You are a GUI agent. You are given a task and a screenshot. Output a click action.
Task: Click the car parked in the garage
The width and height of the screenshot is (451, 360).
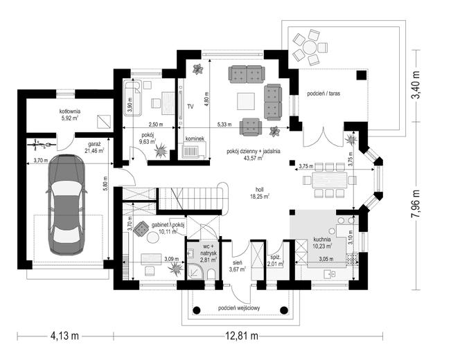pyautogui.click(x=67, y=205)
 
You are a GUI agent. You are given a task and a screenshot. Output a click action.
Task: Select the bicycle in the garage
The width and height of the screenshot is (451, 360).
pyautogui.click(x=41, y=145)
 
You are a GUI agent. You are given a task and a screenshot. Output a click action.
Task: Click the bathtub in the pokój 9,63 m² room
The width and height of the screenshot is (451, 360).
pyautogui.click(x=132, y=98)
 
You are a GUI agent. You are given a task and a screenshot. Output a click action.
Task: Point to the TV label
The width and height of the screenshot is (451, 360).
pyautogui.click(x=190, y=107)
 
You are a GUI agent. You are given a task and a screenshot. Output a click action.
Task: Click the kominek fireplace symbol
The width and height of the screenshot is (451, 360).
pyautogui.click(x=193, y=150)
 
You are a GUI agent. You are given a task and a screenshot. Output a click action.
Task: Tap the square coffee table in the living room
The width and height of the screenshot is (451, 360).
pyautogui.click(x=246, y=102)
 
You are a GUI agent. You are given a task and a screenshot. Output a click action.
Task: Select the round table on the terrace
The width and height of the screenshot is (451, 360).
pyautogui.click(x=310, y=47)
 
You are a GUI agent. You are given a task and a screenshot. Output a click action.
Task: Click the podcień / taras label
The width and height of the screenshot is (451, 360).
pyautogui.click(x=324, y=93)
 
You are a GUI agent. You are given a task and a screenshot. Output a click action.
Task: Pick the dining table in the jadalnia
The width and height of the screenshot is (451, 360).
pyautogui.click(x=330, y=180)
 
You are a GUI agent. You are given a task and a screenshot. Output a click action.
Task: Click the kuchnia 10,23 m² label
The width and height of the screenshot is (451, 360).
pyautogui.click(x=322, y=243)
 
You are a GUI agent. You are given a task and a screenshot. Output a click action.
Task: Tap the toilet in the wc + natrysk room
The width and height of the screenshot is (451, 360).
pyautogui.click(x=211, y=274)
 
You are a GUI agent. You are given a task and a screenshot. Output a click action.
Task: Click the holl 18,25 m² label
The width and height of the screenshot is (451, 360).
pyautogui.click(x=259, y=193)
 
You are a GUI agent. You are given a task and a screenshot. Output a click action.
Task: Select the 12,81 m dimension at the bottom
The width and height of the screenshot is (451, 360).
pyautogui.click(x=241, y=335)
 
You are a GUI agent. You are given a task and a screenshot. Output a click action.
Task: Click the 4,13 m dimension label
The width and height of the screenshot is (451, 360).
pyautogui.click(x=64, y=335)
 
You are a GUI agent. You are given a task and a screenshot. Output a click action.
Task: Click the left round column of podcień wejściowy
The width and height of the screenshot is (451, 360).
pyautogui.click(x=197, y=310)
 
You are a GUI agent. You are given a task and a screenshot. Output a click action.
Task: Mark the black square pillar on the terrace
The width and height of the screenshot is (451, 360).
pyautogui.click(x=362, y=75)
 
